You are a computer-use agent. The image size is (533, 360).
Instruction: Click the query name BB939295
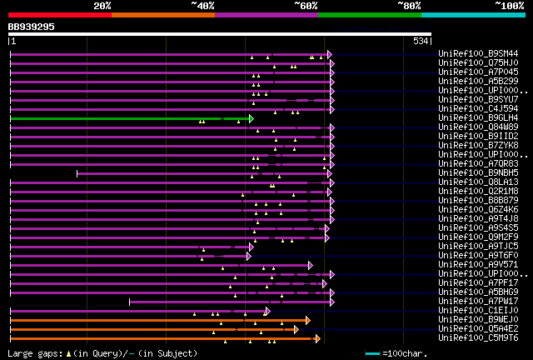[32, 27]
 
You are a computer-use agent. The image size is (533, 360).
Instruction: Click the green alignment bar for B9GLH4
[125, 118]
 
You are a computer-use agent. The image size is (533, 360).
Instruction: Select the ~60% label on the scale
[306, 6]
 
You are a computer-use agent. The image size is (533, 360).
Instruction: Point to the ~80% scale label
[409, 6]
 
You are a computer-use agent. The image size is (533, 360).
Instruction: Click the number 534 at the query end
[421, 41]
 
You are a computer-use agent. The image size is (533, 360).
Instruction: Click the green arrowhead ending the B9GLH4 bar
[251, 118]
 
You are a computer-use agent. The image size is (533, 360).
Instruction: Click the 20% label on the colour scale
[102, 6]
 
